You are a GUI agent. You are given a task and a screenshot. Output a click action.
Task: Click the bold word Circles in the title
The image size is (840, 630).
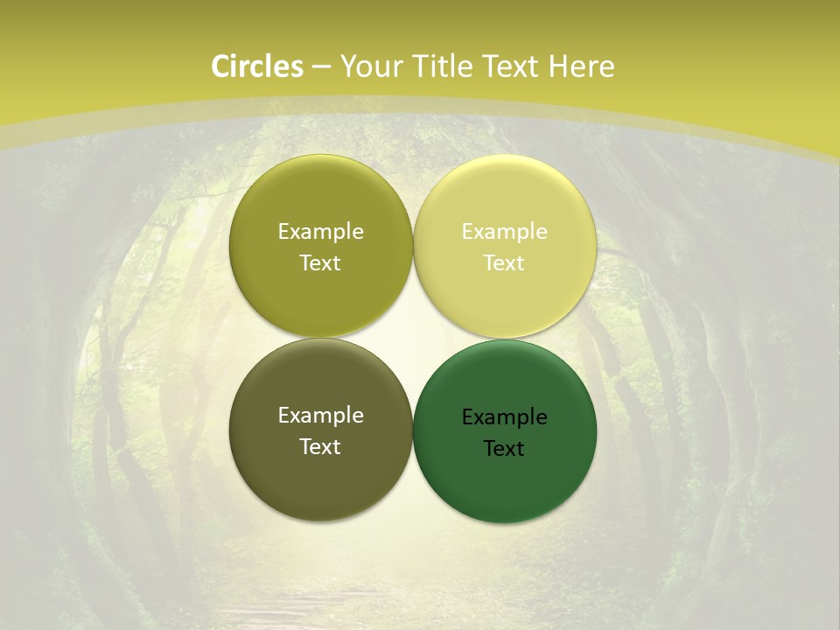[257, 66]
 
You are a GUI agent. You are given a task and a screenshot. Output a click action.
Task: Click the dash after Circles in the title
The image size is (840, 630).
[321, 67]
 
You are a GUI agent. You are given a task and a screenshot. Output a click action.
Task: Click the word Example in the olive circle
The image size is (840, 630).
[320, 231]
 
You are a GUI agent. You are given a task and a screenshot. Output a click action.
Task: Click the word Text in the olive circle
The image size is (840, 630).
[320, 262]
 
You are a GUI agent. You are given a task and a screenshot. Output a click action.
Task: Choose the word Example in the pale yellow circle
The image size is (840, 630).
[504, 231]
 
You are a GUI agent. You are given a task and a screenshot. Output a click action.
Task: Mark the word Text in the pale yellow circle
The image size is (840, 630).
[504, 262]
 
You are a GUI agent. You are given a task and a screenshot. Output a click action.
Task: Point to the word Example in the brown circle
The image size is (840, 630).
[320, 415]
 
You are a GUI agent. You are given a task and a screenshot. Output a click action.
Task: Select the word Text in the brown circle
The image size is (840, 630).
[320, 446]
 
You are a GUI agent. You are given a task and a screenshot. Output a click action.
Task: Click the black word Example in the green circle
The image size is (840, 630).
[504, 416]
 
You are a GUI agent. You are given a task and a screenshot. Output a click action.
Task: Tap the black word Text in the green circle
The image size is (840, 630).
[504, 448]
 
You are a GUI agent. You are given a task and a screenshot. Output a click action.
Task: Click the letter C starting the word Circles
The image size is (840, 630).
[220, 66]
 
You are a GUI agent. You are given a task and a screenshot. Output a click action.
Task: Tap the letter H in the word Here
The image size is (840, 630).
[557, 66]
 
